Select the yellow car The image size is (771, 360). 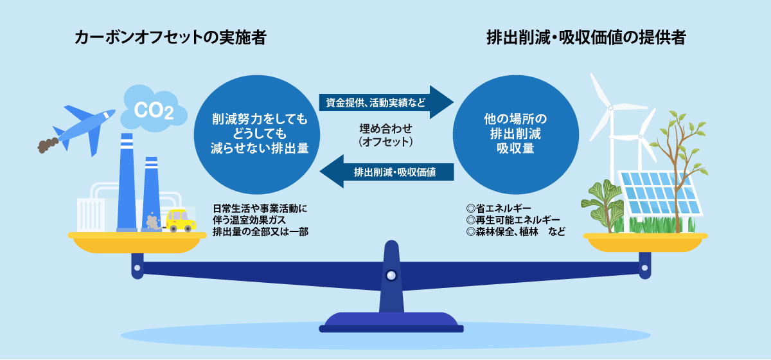click(181, 220)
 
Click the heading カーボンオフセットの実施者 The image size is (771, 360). click(170, 38)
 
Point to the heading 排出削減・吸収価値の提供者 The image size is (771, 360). click(586, 38)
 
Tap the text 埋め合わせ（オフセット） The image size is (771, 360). click(385, 133)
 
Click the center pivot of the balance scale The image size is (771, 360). click(391, 275)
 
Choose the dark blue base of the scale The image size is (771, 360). click(391, 322)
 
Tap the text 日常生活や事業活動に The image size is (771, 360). click(261, 208)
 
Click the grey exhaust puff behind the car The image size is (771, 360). click(153, 222)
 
